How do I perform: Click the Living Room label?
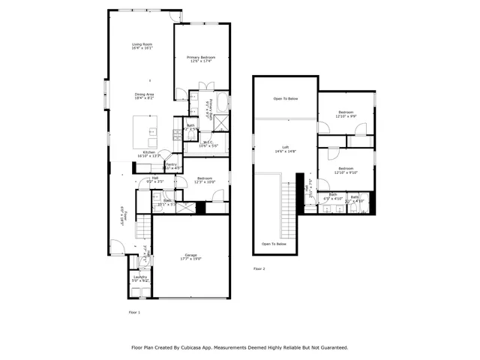[142, 46]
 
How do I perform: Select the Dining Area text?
[144, 95]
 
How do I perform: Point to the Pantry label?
[171, 166]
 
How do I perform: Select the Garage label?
[191, 256]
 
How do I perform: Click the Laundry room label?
[140, 278]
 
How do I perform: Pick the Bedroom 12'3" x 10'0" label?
[205, 180]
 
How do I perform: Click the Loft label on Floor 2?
[285, 149]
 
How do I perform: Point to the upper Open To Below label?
[285, 98]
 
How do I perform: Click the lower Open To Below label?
[274, 244]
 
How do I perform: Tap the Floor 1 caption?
[134, 311]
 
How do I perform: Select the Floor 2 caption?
[259, 268]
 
